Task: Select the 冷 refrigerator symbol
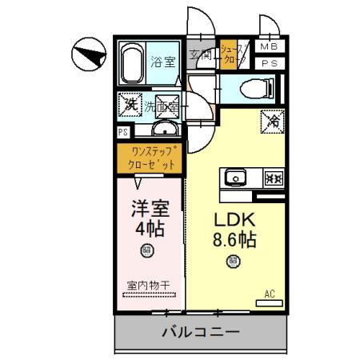(x=272, y=122)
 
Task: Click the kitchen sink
(x=237, y=177)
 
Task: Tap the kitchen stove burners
(x=271, y=178)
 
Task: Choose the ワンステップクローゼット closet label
(x=150, y=158)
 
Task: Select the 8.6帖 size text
(x=232, y=239)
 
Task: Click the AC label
(x=270, y=294)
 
